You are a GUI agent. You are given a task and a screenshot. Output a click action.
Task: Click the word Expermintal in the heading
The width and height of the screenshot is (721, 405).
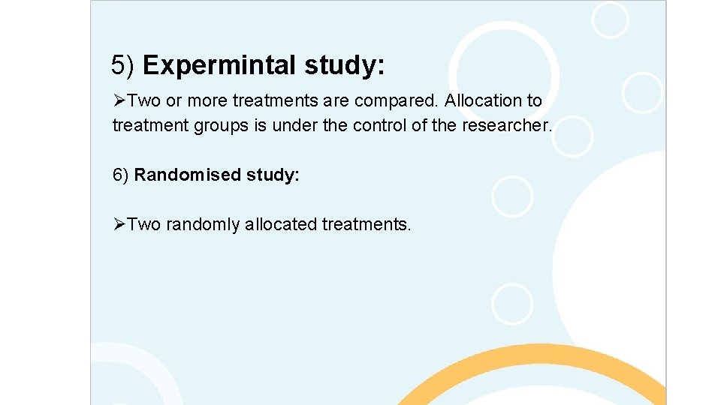point(220,67)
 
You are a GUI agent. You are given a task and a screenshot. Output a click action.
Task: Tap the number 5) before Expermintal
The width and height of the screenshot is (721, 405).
point(123,66)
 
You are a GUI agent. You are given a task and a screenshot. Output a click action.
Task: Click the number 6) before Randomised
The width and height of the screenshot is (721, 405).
point(121,175)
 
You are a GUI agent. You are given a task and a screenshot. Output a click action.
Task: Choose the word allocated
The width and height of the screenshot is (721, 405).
point(280,224)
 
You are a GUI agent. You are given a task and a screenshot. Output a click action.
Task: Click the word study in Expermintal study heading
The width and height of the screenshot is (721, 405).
point(345,67)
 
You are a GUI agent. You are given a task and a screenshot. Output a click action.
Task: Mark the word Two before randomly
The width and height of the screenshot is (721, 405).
point(144,224)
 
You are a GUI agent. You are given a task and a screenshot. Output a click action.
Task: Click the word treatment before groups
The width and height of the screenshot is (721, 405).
point(150,126)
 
